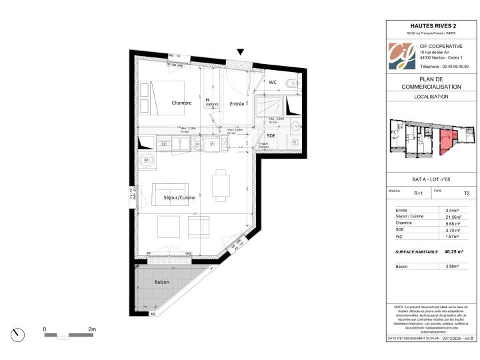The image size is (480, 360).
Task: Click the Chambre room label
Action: click(181, 103)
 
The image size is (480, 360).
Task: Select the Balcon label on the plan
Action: click(162, 283)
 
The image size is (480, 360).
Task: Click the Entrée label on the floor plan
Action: click(237, 103)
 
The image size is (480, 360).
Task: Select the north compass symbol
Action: click(18, 333)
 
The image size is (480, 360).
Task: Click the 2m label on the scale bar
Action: click(92, 329)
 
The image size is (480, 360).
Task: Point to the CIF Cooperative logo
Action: click(401, 57)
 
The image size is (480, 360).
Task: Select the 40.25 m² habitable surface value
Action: click(453, 252)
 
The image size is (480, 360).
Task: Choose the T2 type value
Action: click(466, 193)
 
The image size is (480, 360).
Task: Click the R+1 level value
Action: click(418, 193)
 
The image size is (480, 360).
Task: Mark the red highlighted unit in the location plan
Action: click(447, 141)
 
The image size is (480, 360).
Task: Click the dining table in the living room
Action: click(221, 185)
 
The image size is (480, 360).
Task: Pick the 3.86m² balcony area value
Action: click(453, 266)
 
